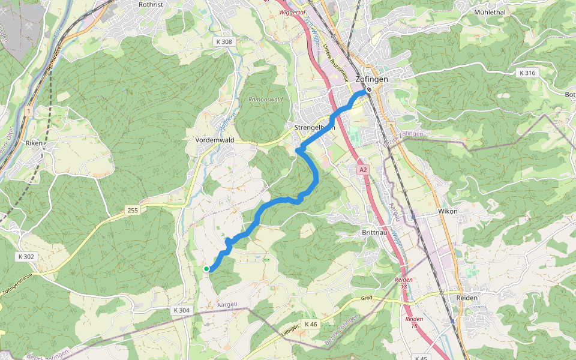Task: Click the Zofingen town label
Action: coord(372,79)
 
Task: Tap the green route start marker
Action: coord(206,269)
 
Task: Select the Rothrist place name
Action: coord(151,4)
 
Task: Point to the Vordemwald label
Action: coord(214,140)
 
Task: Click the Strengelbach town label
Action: coord(314,128)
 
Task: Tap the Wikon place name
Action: coord(448,211)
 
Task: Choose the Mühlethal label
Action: coord(490,11)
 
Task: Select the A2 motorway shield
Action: coord(363,170)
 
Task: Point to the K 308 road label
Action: coord(224,42)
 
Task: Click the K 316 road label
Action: coord(527,73)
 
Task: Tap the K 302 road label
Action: coord(26,257)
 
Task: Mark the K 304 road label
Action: coord(181,310)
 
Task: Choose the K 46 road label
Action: coord(311,324)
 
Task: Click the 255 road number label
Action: coord(133,210)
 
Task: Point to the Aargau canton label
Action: coord(227,304)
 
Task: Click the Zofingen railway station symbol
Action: coord(370,90)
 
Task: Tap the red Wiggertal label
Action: coord(293,12)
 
